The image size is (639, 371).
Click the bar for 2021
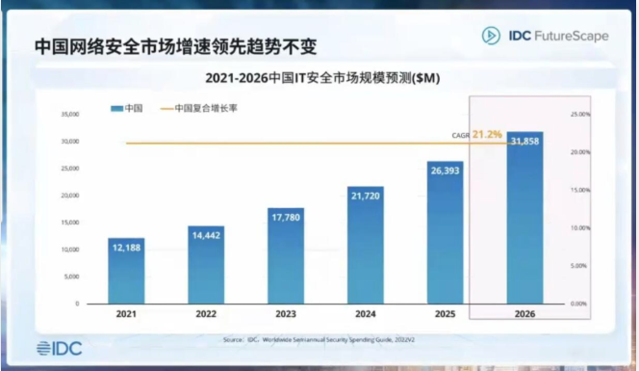point(126,271)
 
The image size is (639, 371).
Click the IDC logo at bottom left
point(59,347)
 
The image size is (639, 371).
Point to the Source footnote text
point(320,339)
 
